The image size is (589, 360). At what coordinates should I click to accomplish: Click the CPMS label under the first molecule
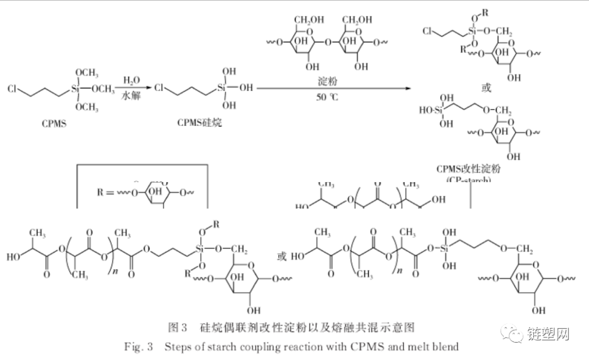point(54,123)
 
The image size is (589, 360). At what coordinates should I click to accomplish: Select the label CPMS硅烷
point(200,123)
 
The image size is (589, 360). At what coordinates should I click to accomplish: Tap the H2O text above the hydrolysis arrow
point(131,81)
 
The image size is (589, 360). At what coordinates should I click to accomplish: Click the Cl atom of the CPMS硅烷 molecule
point(159,88)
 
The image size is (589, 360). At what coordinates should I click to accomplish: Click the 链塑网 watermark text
point(548,333)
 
